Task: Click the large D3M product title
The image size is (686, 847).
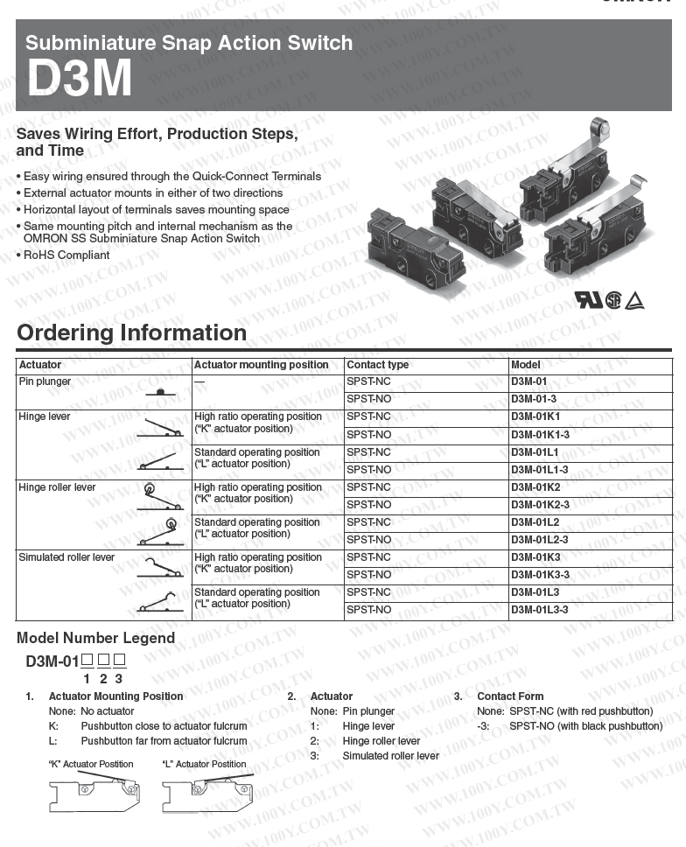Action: (80, 79)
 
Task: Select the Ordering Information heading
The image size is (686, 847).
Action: (131, 333)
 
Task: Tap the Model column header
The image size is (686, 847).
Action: (526, 365)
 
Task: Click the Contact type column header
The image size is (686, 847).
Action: (377, 365)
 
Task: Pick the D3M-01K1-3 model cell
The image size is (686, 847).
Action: (540, 435)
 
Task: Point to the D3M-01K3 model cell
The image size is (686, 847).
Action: (535, 557)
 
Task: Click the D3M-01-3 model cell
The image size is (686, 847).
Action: (533, 400)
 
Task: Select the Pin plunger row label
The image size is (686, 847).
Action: (45, 381)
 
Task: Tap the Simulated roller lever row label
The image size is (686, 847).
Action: (66, 557)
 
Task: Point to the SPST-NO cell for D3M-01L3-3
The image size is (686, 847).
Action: (369, 610)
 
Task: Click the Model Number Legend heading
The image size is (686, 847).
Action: (95, 638)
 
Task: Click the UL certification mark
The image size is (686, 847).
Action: (588, 300)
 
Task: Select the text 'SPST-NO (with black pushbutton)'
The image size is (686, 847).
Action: (585, 726)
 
